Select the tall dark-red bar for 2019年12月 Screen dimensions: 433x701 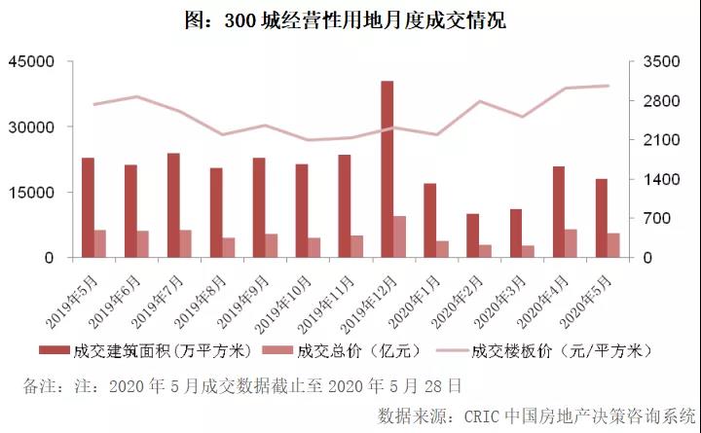tap(387, 169)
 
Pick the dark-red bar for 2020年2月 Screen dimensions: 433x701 tap(472, 235)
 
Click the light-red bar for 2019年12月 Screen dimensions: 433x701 tap(399, 236)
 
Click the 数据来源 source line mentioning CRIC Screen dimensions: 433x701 tap(537, 414)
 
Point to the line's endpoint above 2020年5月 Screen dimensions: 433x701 tap(608, 86)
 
